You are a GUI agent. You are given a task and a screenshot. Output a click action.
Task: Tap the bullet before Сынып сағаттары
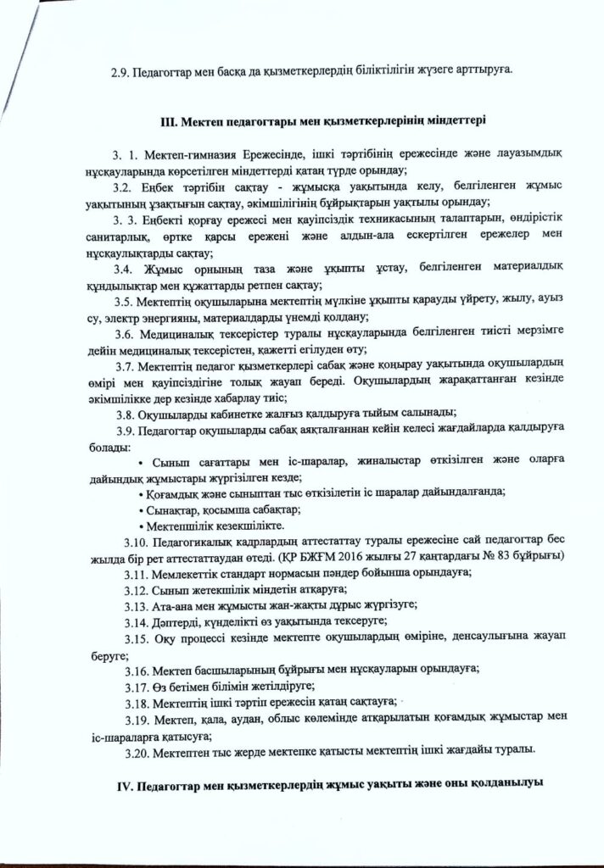[x=140, y=462]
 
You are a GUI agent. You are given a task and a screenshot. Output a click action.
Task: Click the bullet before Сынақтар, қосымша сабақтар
[x=140, y=509]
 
